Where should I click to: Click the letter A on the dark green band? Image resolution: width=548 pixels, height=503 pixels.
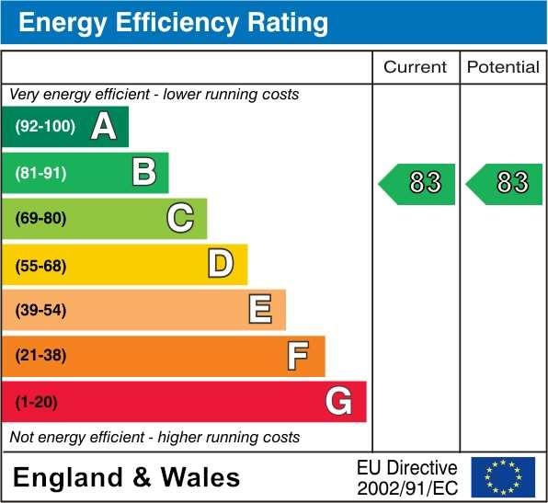tap(104, 127)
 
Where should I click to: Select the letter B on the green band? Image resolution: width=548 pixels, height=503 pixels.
tap(143, 173)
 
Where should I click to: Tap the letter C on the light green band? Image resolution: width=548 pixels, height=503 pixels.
tap(180, 218)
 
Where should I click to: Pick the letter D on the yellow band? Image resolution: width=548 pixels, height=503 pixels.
tap(221, 265)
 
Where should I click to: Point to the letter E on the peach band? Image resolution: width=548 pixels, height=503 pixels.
tap(260, 310)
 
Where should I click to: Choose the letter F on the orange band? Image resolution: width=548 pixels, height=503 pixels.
tap(297, 356)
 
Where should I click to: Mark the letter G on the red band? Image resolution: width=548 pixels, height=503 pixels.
tap(338, 402)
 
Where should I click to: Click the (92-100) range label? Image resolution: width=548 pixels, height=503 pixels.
tap(45, 127)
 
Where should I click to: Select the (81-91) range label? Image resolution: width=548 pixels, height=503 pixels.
tap(41, 173)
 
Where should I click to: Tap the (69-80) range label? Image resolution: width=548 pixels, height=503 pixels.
tap(41, 219)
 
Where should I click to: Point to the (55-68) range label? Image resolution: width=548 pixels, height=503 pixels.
tap(41, 265)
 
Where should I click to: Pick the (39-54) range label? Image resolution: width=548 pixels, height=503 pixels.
tap(41, 311)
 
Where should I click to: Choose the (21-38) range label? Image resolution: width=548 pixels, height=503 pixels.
tap(41, 356)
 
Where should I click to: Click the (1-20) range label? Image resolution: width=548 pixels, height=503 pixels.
tap(36, 402)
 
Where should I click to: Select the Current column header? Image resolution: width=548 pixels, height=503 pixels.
tap(415, 67)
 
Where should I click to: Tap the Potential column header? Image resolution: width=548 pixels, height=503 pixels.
tap(503, 67)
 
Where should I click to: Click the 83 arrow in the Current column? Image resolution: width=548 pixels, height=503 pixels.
tap(417, 183)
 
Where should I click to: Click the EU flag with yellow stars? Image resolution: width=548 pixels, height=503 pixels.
tap(503, 477)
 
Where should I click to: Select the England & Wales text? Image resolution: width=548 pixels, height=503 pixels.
tap(127, 478)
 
